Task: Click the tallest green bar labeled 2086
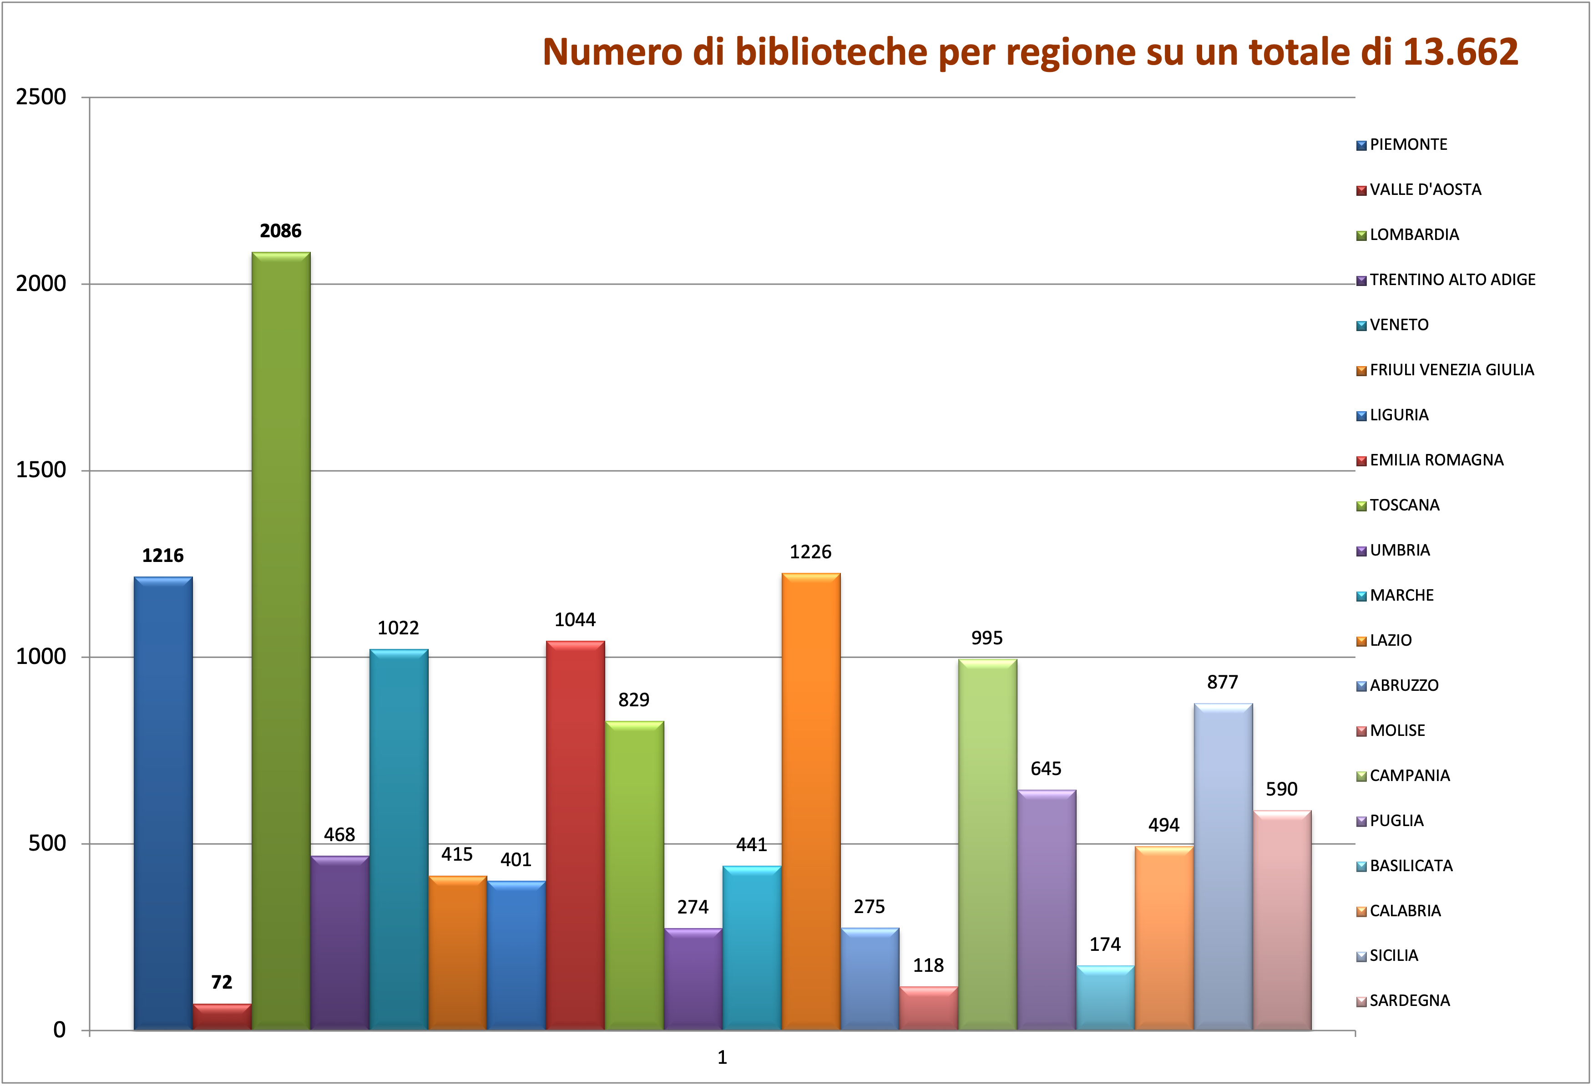click(281, 641)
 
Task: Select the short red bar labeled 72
click(222, 1017)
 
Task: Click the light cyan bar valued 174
click(1105, 998)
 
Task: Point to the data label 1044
click(575, 620)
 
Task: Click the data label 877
click(1223, 682)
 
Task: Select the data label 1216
click(163, 556)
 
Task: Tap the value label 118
click(928, 965)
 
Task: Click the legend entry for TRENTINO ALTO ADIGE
click(1452, 280)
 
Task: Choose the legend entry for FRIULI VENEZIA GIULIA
click(1451, 370)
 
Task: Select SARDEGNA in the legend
click(1409, 1000)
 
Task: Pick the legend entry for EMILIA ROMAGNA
click(1436, 460)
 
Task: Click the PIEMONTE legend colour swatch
click(1361, 145)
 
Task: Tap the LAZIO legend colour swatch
click(1361, 641)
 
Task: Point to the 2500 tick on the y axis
click(41, 97)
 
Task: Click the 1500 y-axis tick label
click(41, 470)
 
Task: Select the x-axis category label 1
click(722, 1057)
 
